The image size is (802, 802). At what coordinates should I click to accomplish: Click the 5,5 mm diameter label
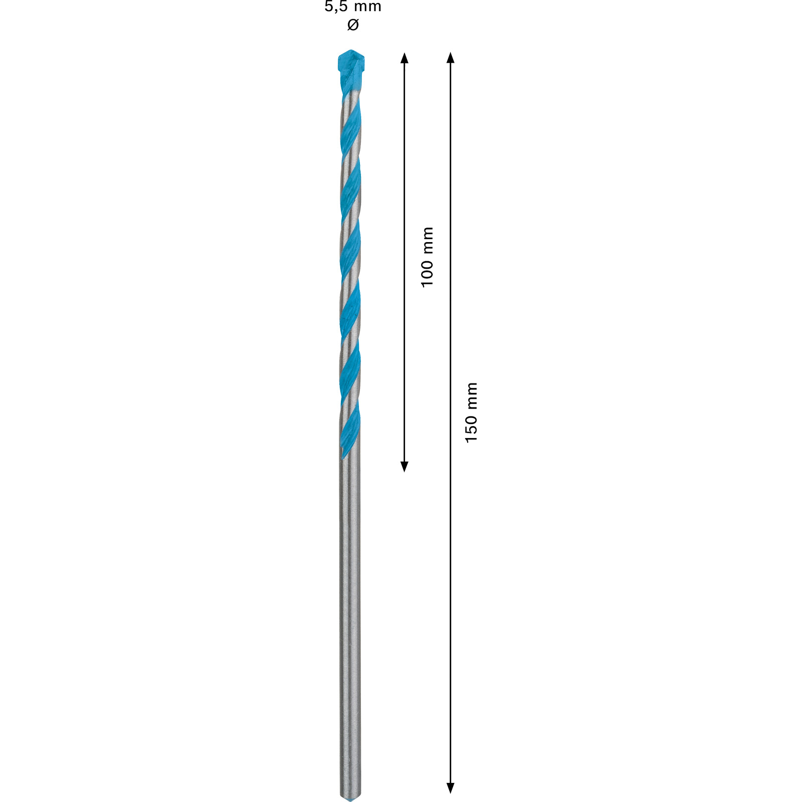point(353,7)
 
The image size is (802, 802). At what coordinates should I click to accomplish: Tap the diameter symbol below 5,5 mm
point(353,24)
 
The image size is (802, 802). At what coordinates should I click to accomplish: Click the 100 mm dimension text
point(427,257)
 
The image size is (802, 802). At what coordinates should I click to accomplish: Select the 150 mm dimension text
point(471,413)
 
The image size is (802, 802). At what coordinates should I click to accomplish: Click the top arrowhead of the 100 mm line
point(405,58)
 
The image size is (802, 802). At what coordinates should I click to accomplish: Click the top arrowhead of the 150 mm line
point(450,58)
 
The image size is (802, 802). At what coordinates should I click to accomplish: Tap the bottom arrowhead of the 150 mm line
point(450,788)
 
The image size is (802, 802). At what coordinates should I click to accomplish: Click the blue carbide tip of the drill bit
point(351,68)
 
